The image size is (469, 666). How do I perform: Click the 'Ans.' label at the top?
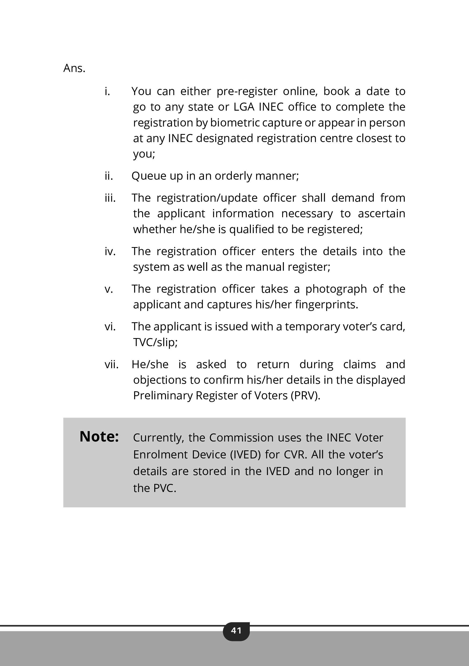click(74, 68)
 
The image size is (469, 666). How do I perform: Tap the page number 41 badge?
click(236, 630)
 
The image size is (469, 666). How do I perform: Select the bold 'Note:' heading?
click(99, 437)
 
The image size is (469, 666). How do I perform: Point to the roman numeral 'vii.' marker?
click(112, 364)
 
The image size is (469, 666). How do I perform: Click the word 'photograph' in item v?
click(336, 289)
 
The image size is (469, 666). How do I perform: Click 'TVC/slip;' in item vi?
click(155, 343)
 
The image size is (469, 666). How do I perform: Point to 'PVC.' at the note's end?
click(164, 488)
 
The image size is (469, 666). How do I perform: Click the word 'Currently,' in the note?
click(159, 438)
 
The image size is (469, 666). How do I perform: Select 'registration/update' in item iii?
click(207, 198)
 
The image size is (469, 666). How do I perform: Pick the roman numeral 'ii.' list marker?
click(109, 176)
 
